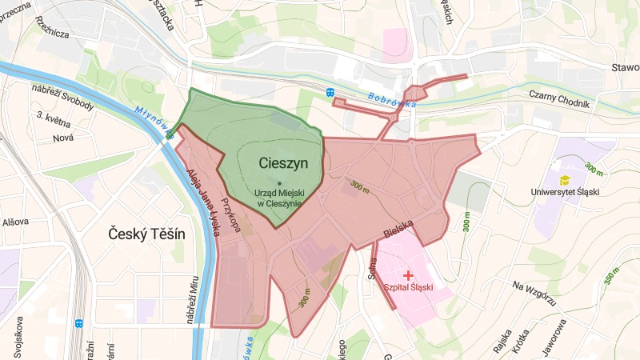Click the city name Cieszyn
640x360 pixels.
pos(284,162)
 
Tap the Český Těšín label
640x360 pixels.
pos(146,234)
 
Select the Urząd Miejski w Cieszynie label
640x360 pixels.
pos(278,198)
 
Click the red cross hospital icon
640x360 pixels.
pos(409,274)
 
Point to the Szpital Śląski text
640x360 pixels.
pos(409,287)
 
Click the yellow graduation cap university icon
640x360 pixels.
pos(565,180)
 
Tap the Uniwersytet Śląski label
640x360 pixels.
pos(565,193)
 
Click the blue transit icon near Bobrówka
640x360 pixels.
pos(331,93)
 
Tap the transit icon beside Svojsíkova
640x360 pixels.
pos(79,324)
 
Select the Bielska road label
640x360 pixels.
pos(398,232)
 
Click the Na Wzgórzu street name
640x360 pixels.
pos(534,294)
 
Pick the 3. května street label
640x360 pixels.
pos(54,121)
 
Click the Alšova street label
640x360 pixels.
pos(14,222)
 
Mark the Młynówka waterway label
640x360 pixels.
pos(153,119)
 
